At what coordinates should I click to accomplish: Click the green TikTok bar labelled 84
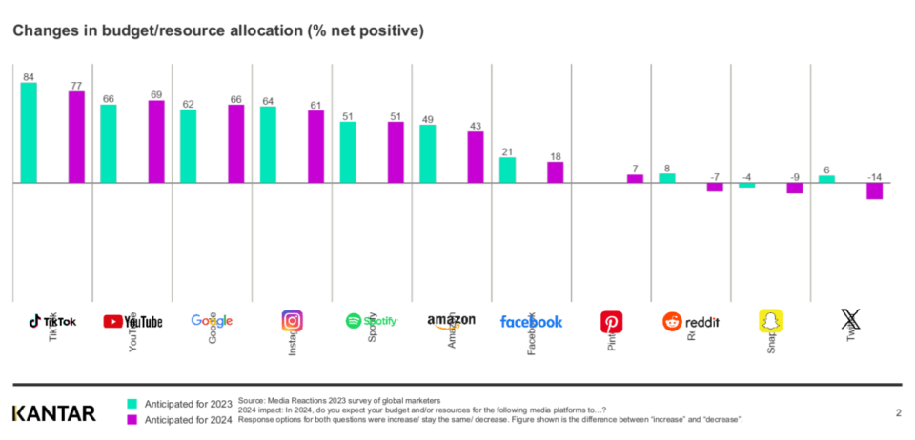point(29,132)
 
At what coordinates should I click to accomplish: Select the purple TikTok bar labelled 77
point(76,136)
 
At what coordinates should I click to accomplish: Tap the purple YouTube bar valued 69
point(156,141)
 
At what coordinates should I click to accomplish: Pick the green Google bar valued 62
point(189,146)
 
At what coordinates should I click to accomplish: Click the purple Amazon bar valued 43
point(476,157)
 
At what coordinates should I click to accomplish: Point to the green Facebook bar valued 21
point(508,170)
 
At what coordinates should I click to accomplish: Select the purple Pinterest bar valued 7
point(635,178)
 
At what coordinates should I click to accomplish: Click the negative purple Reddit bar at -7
point(715,187)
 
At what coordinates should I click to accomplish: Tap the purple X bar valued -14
point(874,190)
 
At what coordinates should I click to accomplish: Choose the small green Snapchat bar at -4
point(746,185)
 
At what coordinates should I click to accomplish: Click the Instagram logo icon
point(293,321)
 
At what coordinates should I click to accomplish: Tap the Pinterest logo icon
point(611,321)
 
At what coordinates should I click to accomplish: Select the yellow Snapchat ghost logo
point(770,321)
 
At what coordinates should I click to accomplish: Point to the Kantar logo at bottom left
point(53,412)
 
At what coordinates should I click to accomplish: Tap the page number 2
point(898,412)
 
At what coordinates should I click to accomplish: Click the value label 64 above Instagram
point(269,100)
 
